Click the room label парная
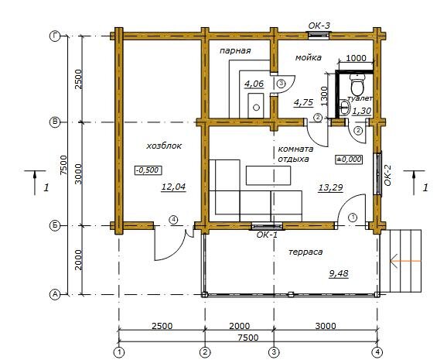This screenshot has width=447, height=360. (235, 51)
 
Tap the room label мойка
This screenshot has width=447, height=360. (308, 57)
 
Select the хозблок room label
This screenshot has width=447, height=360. (164, 146)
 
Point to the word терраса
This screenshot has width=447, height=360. (305, 252)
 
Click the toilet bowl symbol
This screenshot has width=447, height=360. (357, 84)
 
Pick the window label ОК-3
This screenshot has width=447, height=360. (319, 26)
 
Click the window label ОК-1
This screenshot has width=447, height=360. (267, 235)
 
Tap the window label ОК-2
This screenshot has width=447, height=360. (387, 175)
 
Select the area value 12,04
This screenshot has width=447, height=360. (173, 187)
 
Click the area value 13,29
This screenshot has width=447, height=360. (330, 187)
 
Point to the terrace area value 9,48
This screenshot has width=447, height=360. (339, 274)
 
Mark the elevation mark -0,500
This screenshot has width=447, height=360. (148, 170)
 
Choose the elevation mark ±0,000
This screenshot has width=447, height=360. (349, 159)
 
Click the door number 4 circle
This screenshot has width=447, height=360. (173, 220)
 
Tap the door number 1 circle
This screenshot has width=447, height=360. (353, 218)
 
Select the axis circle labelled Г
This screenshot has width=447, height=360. (55, 36)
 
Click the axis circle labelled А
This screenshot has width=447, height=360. (55, 294)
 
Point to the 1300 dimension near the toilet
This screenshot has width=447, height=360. (324, 96)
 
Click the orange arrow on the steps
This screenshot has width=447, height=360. (405, 261)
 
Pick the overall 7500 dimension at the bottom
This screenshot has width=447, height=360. (248, 338)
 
